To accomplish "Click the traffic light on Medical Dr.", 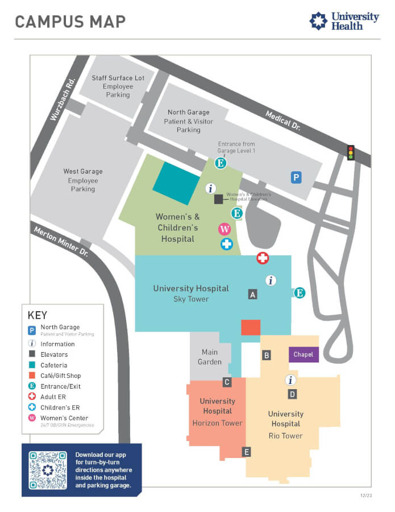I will [351, 152].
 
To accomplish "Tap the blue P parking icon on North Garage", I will [296, 177].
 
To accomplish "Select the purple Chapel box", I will [303, 354].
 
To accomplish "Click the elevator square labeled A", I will [253, 294].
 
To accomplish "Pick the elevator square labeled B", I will [266, 355].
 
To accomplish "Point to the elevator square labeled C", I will [227, 382].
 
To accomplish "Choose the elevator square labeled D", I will [292, 394].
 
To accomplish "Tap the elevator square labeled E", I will [246, 452].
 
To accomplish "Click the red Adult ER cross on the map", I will [263, 258].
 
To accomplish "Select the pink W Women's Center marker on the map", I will [224, 229].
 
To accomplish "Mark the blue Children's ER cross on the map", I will [226, 244].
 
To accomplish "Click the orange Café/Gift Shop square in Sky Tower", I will [251, 328].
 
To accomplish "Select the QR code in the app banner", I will [48, 470].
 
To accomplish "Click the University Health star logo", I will [318, 22].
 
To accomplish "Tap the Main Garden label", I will [210, 357].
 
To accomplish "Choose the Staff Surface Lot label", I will [118, 78].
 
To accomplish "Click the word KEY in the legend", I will [38, 315].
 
